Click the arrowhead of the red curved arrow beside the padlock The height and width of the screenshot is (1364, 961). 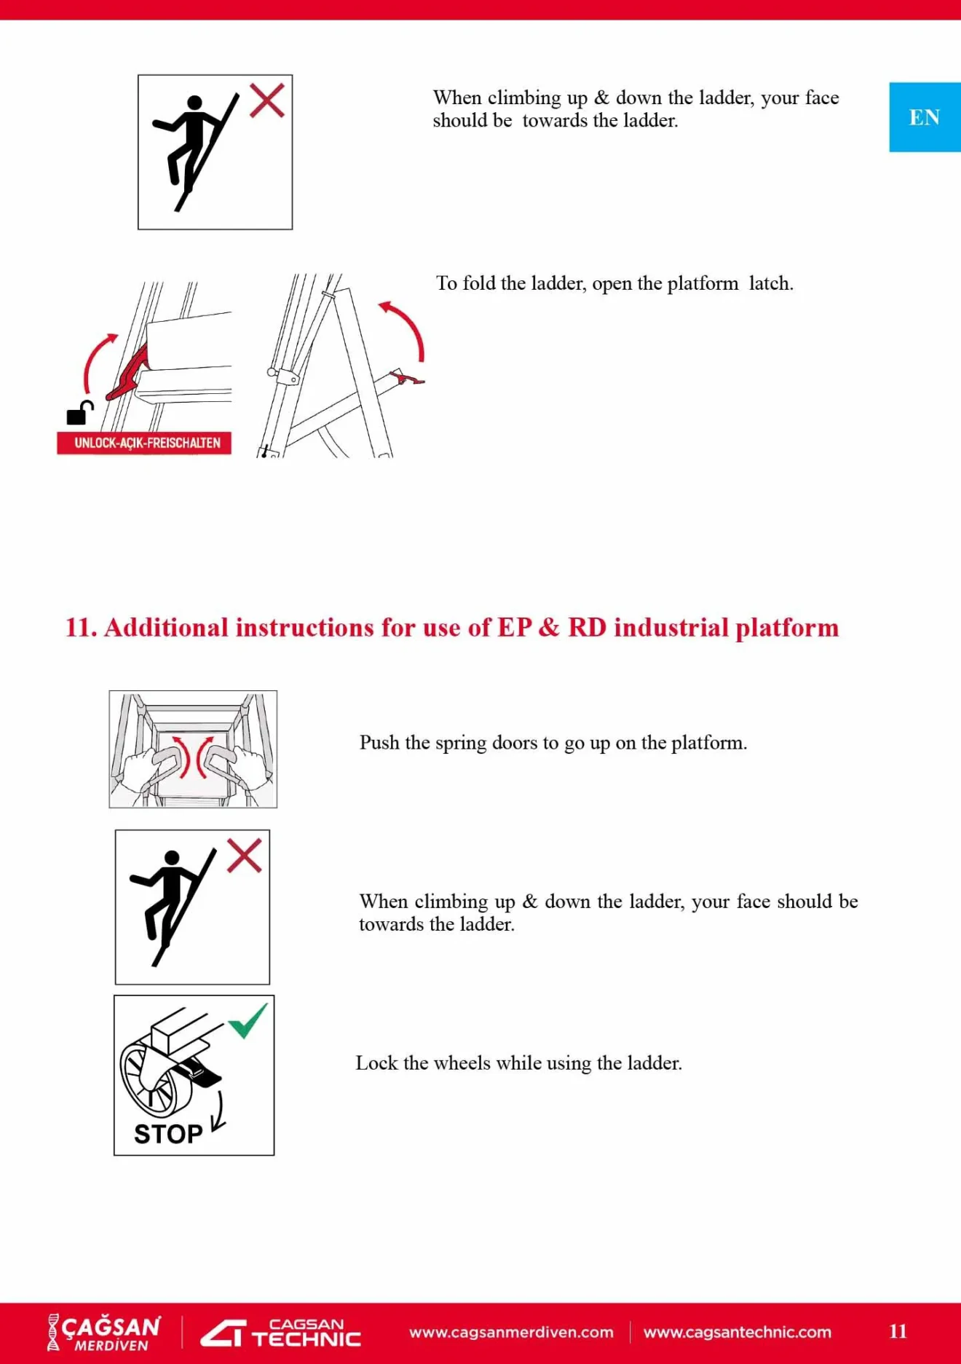point(111,338)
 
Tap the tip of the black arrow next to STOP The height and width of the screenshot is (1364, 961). point(213,1131)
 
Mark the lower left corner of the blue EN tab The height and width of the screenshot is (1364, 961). point(890,151)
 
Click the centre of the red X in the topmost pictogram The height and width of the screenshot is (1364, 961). point(267,100)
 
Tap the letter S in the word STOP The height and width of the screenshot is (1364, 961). point(142,1134)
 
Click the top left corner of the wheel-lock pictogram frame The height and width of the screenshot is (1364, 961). point(114,996)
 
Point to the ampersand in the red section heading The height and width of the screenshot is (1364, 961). point(549,627)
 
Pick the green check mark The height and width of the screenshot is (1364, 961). point(248,1020)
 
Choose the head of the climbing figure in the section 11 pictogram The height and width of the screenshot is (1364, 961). point(172,858)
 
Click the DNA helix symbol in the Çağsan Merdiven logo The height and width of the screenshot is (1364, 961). point(53,1332)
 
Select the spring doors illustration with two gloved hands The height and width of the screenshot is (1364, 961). point(193,749)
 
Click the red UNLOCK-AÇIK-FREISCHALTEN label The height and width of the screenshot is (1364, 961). point(144,443)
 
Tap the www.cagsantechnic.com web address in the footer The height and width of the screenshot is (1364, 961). point(737,1332)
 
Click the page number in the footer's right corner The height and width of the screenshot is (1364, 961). point(898,1331)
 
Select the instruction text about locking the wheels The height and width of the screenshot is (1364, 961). point(518,1063)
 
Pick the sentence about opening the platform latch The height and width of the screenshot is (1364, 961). point(614,283)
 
